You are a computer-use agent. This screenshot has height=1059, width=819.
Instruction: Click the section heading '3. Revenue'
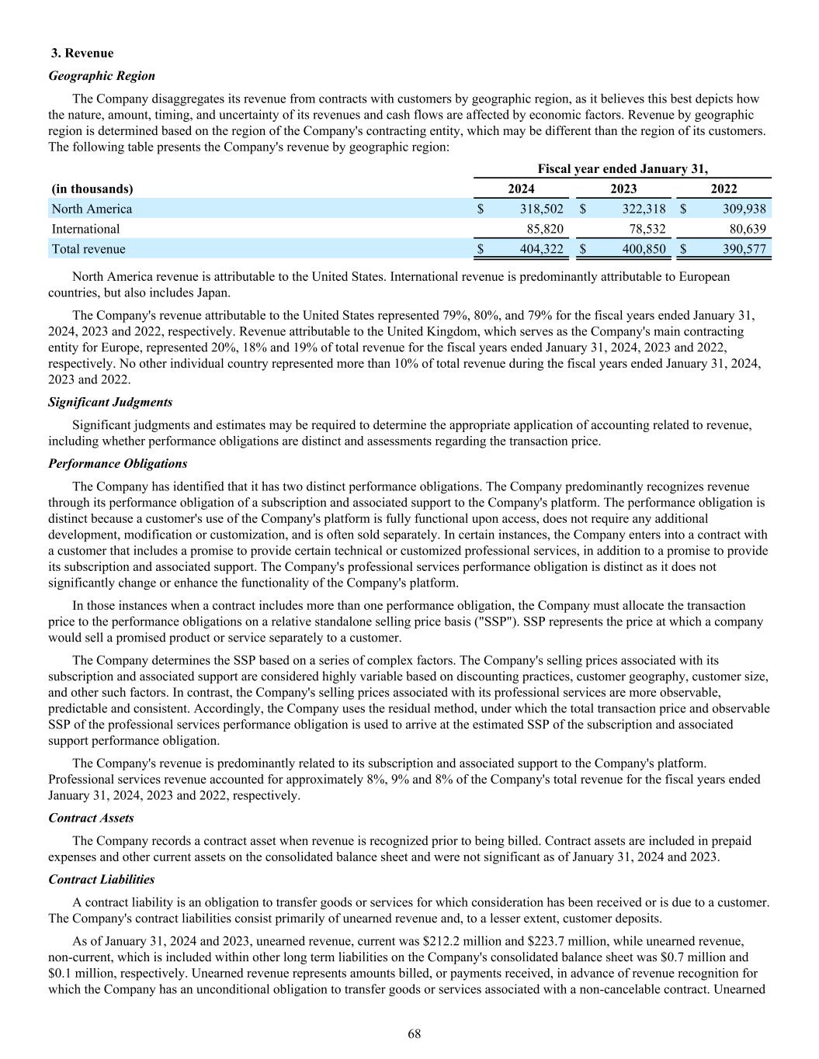point(82,53)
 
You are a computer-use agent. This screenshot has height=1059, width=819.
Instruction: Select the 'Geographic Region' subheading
point(102,76)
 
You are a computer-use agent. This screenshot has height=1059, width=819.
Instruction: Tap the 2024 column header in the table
point(521,189)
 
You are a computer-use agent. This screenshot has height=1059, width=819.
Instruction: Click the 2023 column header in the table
point(623,189)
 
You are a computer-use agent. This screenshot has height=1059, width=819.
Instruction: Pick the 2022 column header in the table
point(724,189)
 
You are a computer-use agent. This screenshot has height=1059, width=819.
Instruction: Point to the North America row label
point(92,209)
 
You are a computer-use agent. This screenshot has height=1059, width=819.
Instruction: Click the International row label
point(85,229)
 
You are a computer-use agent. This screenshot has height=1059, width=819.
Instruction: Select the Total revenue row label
point(88,249)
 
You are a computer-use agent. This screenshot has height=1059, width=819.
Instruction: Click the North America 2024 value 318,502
point(542,209)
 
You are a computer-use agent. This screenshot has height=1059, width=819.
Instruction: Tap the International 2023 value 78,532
point(644,229)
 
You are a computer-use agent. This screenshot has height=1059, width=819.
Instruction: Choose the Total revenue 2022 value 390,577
point(744,249)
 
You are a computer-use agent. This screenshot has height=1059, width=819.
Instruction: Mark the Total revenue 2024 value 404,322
point(542,249)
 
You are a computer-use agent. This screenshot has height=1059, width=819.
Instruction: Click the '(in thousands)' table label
point(92,189)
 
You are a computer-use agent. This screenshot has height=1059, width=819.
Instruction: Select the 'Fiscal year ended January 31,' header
point(623,168)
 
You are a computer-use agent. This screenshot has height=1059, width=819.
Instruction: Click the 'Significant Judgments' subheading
point(110,402)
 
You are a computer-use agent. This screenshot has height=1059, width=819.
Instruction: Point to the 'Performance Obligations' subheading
point(118,463)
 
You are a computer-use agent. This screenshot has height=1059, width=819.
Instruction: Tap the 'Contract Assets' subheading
point(91,818)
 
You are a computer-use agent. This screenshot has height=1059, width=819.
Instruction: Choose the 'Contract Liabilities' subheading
point(101,879)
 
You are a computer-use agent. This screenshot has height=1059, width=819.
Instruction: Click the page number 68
point(415,1033)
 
